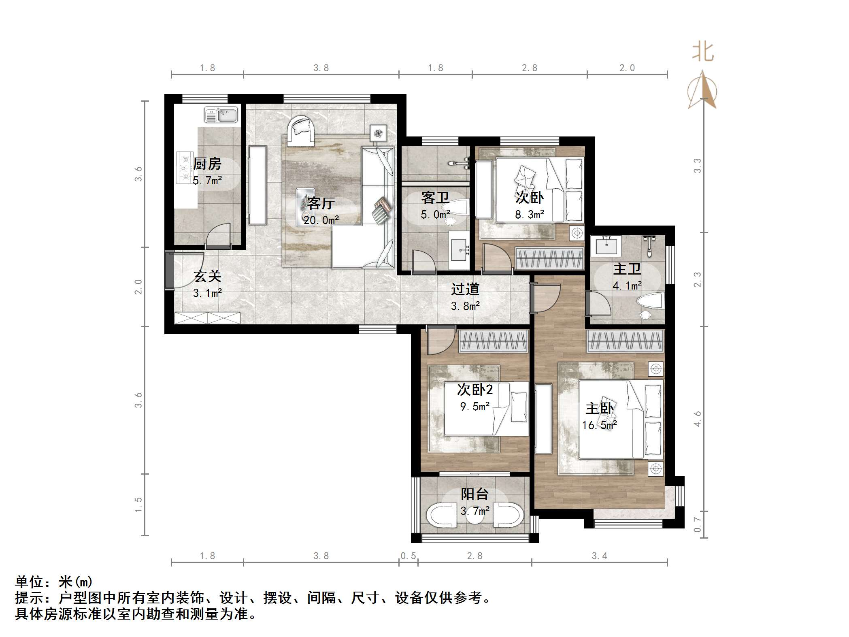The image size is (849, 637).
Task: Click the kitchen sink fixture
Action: tap(221, 115)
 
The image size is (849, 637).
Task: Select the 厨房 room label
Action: tap(207, 164)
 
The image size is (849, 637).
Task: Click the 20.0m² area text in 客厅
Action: tap(321, 220)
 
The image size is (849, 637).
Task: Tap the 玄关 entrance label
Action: tap(207, 277)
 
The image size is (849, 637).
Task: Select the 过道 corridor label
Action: tap(465, 289)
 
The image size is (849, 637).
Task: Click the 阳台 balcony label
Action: tap(475, 494)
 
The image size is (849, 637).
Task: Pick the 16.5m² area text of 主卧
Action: tap(599, 425)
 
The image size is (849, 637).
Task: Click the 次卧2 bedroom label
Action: tap(475, 390)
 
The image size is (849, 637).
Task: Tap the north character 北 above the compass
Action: tap(702, 53)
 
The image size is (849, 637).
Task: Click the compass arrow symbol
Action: tap(702, 91)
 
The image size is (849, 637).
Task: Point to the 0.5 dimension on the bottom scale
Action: tap(408, 556)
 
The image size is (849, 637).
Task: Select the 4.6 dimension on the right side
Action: tap(697, 418)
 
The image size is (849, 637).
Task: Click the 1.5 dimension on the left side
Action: tap(138, 505)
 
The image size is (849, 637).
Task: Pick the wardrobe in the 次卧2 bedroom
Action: tap(494, 341)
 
